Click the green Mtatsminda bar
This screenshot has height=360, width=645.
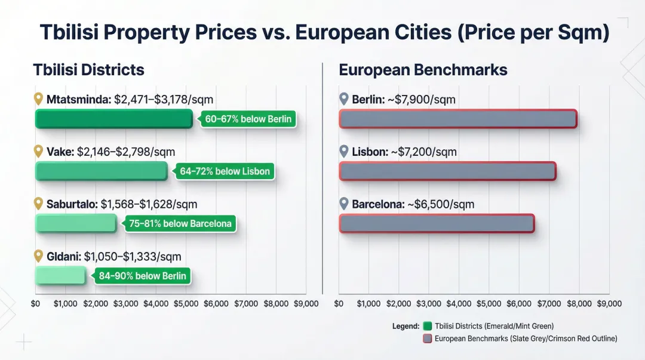click(x=113, y=119)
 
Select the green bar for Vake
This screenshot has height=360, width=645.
click(x=101, y=171)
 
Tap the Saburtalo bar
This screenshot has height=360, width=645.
click(x=76, y=223)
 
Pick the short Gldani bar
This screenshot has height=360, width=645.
click(x=60, y=275)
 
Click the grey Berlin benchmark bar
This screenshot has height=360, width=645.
click(x=457, y=119)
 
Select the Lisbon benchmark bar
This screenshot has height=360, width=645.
click(x=447, y=171)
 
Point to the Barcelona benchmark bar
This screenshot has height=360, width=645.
click(x=437, y=223)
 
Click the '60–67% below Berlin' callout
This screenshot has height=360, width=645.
click(x=248, y=119)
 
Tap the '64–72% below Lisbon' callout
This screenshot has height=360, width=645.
click(x=225, y=171)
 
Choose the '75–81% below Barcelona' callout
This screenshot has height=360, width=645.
click(x=180, y=224)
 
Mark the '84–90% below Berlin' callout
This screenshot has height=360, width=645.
click(x=143, y=276)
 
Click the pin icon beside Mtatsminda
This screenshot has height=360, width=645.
click(x=39, y=100)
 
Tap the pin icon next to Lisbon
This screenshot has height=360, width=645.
click(x=343, y=152)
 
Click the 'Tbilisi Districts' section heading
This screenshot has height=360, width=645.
click(x=88, y=70)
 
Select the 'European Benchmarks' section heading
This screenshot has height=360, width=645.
click(x=423, y=70)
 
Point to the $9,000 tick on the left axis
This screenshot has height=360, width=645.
click(x=306, y=304)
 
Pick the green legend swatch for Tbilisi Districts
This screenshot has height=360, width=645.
click(x=427, y=326)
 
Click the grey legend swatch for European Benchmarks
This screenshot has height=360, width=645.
click(x=427, y=339)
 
